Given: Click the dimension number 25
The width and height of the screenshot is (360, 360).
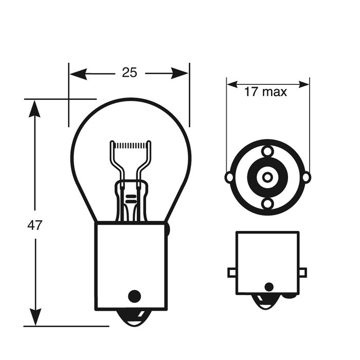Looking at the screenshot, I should point(130,73).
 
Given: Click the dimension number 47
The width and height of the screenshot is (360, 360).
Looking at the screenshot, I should point(35,225).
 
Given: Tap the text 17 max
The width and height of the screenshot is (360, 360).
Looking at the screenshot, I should point(265,93).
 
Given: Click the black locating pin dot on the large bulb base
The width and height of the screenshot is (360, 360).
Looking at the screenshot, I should point(134,295).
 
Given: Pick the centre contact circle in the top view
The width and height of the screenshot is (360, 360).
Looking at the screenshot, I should point(267,177).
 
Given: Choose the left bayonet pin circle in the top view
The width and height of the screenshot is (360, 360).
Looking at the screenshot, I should point(229,177).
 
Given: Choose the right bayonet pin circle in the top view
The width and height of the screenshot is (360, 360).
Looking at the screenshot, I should point(306,177).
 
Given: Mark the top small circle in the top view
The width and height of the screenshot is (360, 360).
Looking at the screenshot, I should point(267,151).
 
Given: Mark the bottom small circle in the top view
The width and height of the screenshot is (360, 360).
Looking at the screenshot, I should point(267,204).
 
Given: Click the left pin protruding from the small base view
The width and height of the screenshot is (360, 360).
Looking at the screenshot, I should point(232,272).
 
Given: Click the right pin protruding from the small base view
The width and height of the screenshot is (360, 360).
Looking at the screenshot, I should point(302,272).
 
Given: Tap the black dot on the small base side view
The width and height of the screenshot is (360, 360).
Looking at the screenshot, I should point(268,286).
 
